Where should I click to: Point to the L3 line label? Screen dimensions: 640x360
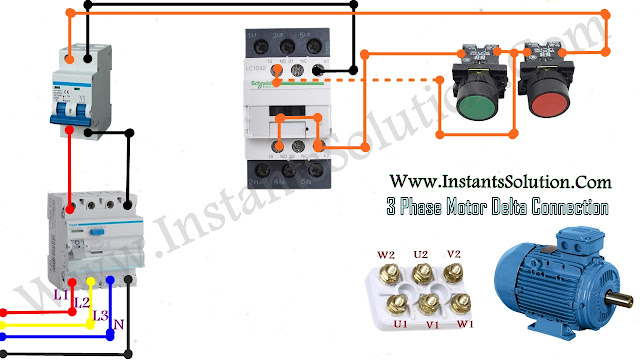point(100,316)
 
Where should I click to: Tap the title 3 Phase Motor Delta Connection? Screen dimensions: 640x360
point(497,208)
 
